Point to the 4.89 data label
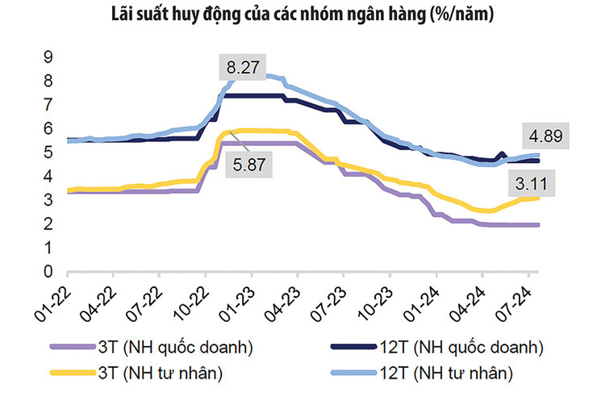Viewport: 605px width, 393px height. coord(541,135)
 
